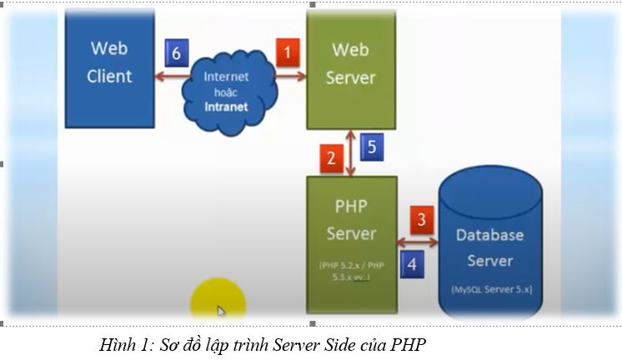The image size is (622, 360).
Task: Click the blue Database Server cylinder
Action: (489, 246)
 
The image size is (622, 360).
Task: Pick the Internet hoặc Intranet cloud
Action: (226, 82)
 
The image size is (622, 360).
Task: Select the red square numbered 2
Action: (332, 157)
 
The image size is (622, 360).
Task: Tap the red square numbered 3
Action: (421, 220)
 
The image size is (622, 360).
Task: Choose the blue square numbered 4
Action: (410, 265)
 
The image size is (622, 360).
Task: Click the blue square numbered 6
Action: (176, 52)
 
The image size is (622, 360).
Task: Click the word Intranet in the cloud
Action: (226, 107)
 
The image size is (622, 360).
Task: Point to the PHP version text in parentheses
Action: (350, 272)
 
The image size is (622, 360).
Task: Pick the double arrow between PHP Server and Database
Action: (419, 242)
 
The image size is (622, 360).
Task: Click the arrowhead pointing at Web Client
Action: (158, 75)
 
